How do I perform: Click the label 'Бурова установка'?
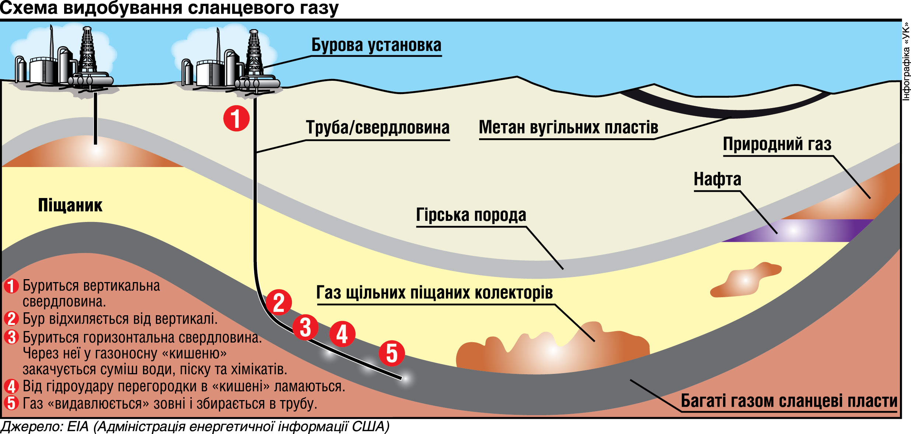pyautogui.click(x=376, y=45)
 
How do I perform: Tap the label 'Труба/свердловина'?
pyautogui.click(x=377, y=128)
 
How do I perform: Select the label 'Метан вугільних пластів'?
pyautogui.click(x=568, y=128)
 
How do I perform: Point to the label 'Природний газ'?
pyautogui.click(x=777, y=144)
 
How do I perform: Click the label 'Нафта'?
pyautogui.click(x=717, y=179)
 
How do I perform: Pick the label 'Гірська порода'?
pyautogui.click(x=471, y=215)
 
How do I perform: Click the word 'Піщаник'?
pyautogui.click(x=70, y=205)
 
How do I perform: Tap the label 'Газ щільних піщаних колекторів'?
pyautogui.click(x=434, y=293)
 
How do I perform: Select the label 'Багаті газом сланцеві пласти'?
pyautogui.click(x=789, y=401)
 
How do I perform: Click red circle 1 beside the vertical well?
pyautogui.click(x=236, y=118)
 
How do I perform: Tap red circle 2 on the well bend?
pyautogui.click(x=279, y=302)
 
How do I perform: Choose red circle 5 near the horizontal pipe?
pyautogui.click(x=392, y=353)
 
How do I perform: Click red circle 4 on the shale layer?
pyautogui.click(x=342, y=334)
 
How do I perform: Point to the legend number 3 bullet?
pyautogui.click(x=11, y=337)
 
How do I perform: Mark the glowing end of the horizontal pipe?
pyautogui.click(x=405, y=379)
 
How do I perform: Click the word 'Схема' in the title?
pyautogui.click(x=29, y=8)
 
